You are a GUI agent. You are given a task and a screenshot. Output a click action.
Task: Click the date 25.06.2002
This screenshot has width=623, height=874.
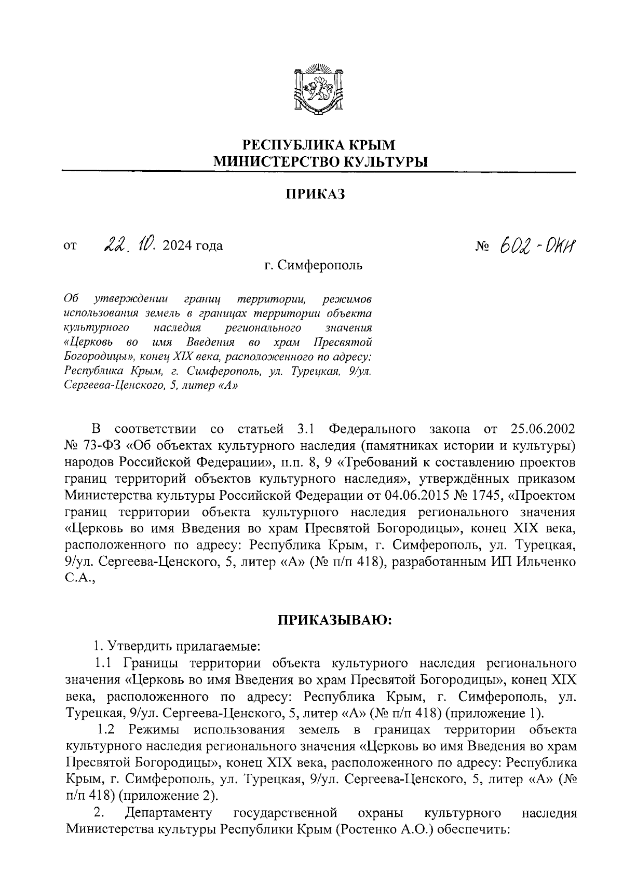543,430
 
